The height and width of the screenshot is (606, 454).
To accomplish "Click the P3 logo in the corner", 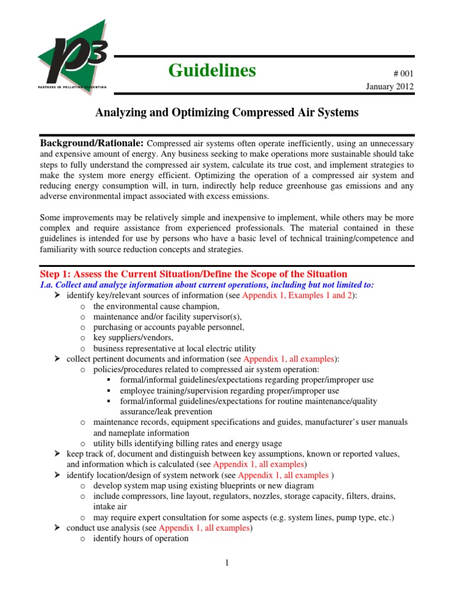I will tap(72, 57).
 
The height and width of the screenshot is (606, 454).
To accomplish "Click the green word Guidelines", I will tap(212, 70).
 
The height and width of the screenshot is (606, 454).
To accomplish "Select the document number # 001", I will tap(403, 73).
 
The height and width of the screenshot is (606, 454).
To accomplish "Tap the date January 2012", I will tap(391, 86).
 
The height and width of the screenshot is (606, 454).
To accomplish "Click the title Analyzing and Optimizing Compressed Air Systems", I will tap(227, 112).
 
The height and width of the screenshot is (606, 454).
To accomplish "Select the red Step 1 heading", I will tap(193, 274).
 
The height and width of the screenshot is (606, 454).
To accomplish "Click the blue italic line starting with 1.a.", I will tap(206, 285).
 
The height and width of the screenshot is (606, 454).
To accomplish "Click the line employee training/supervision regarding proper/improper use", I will tap(229, 391).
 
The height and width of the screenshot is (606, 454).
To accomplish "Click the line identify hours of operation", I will tap(141, 539).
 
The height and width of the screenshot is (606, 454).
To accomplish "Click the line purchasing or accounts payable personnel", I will tap(168, 327).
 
